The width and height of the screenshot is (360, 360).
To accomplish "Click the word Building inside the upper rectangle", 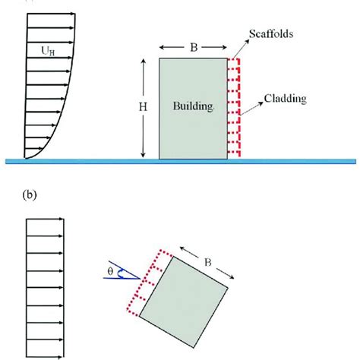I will pos(193,108).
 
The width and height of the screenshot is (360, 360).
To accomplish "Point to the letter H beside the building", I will pos(142,108).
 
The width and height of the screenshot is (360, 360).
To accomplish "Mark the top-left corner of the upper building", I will pos(159,58).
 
